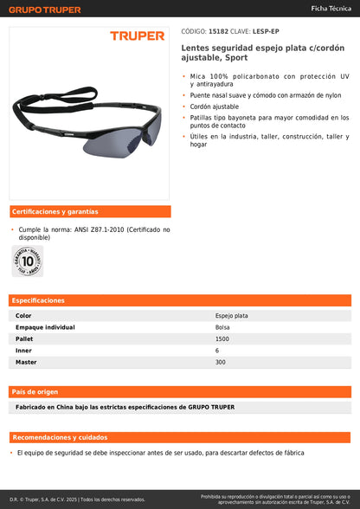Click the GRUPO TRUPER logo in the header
[44, 10]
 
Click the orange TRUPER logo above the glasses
[137, 36]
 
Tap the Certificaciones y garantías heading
[55, 211]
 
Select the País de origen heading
[36, 391]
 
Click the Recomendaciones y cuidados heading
[60, 437]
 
